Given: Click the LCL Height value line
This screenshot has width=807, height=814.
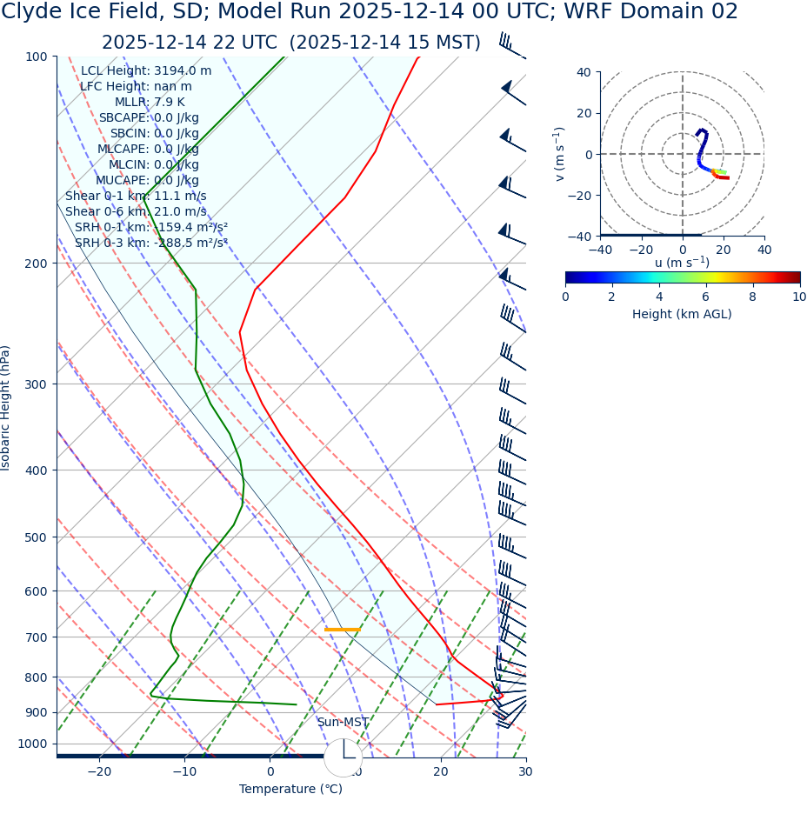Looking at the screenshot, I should click(145, 71).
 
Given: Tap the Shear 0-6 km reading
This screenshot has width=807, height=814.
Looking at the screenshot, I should click(136, 211).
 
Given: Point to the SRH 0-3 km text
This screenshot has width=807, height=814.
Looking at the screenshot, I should click(150, 243).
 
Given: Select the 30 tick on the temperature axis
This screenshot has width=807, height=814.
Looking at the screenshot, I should click(525, 771).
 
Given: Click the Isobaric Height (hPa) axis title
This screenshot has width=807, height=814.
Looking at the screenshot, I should click(6, 408).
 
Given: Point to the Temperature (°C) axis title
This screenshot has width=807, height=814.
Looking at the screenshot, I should click(290, 790).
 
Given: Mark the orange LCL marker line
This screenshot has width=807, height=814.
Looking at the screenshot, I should click(343, 629).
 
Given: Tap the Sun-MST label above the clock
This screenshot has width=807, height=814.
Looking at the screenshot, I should click(343, 723).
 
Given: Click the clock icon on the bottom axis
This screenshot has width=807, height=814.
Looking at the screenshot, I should click(343, 757).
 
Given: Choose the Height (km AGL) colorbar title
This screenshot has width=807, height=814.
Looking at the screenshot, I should click(682, 314).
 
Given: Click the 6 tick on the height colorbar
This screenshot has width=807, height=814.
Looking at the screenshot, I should click(706, 297).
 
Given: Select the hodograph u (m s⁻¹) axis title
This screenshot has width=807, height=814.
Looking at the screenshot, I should click(682, 263).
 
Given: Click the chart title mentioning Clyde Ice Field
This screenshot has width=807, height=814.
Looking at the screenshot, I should click(370, 12).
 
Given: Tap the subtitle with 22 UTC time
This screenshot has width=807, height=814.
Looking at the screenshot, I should click(290, 43).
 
